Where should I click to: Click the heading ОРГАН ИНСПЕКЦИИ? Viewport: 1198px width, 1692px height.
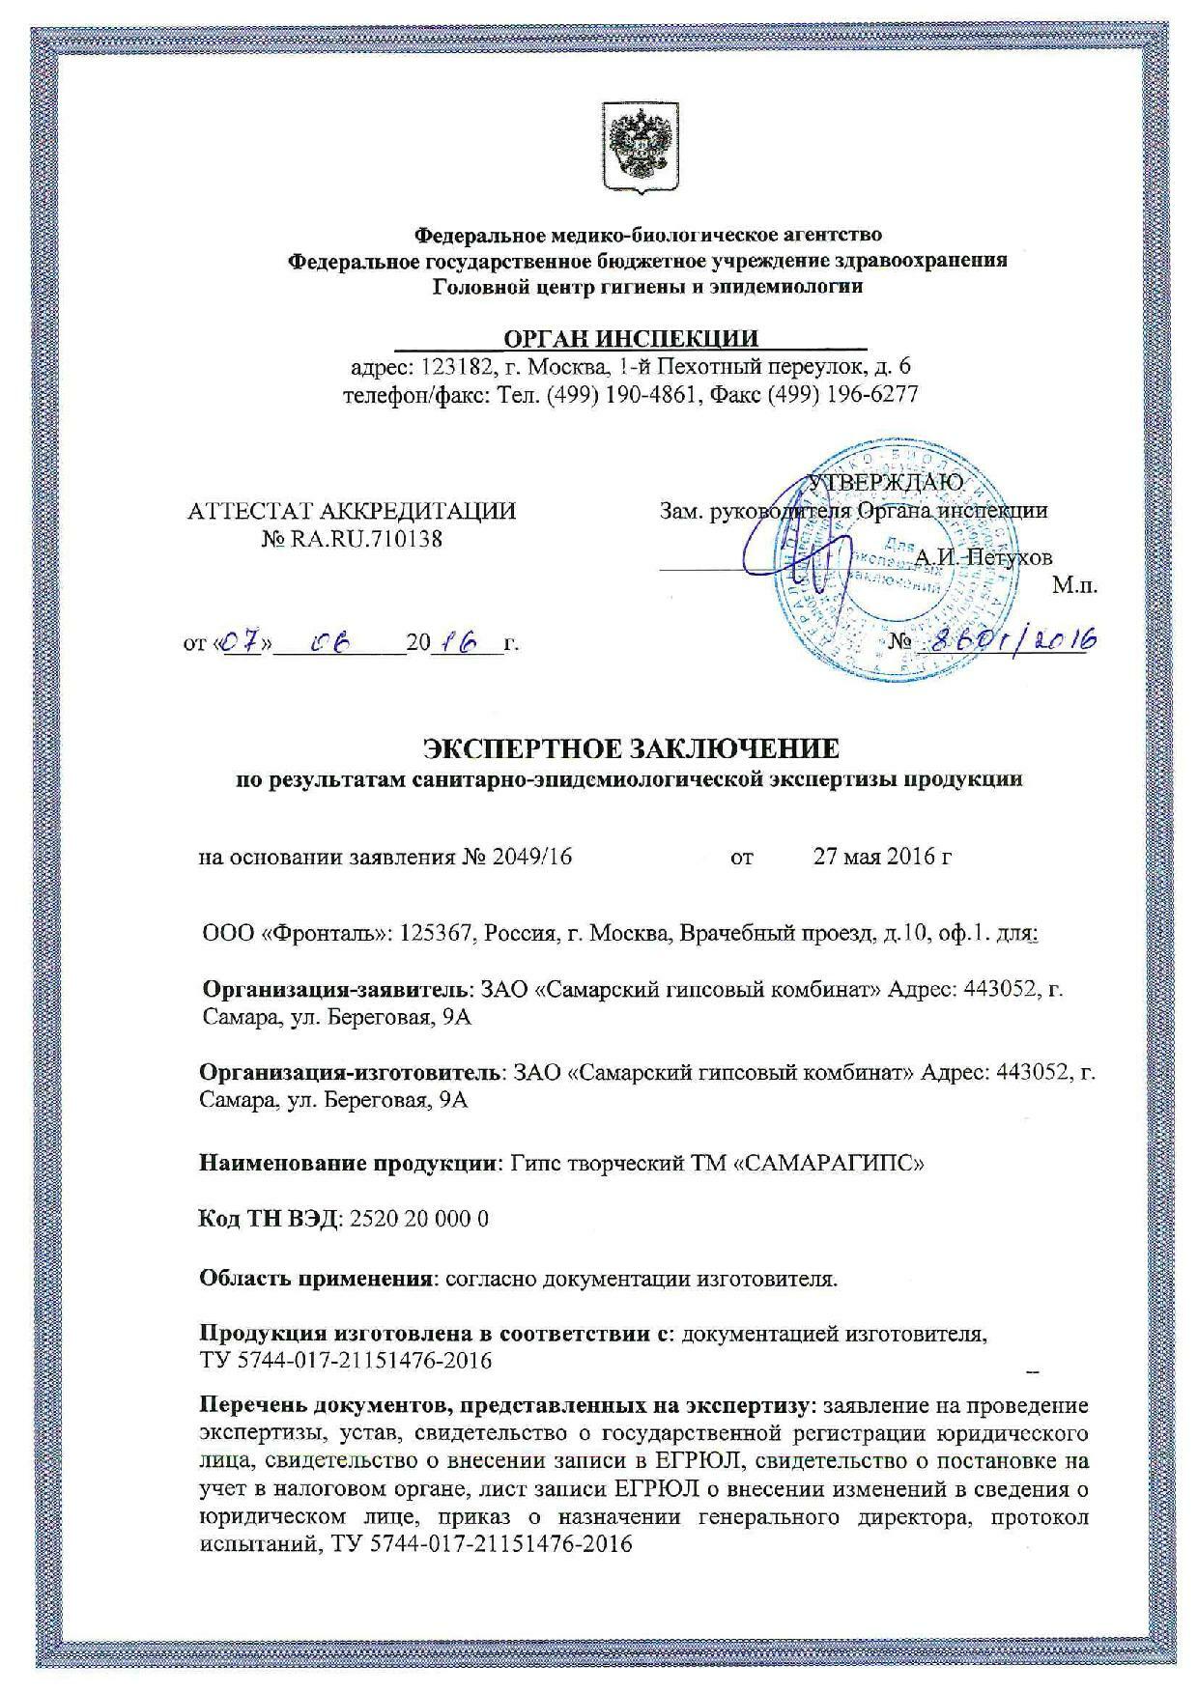631,338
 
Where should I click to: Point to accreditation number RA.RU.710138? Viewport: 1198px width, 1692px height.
363,539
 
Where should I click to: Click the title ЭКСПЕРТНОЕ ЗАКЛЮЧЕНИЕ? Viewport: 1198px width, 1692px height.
632,748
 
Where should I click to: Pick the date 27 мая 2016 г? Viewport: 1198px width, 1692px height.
883,857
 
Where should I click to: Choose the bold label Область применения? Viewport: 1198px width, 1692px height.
315,1279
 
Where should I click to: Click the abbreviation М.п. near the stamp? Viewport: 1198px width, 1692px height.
1075,585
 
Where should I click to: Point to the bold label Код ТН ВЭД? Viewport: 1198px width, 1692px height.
267,1219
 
